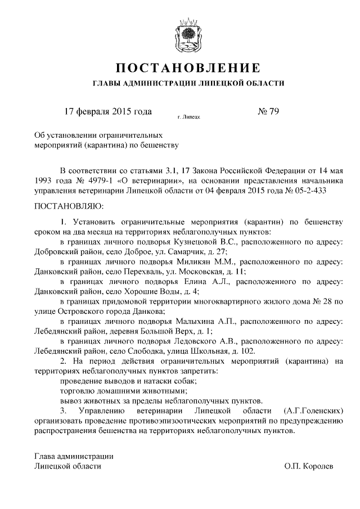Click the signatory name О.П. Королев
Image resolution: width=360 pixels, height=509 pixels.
pos(309,466)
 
